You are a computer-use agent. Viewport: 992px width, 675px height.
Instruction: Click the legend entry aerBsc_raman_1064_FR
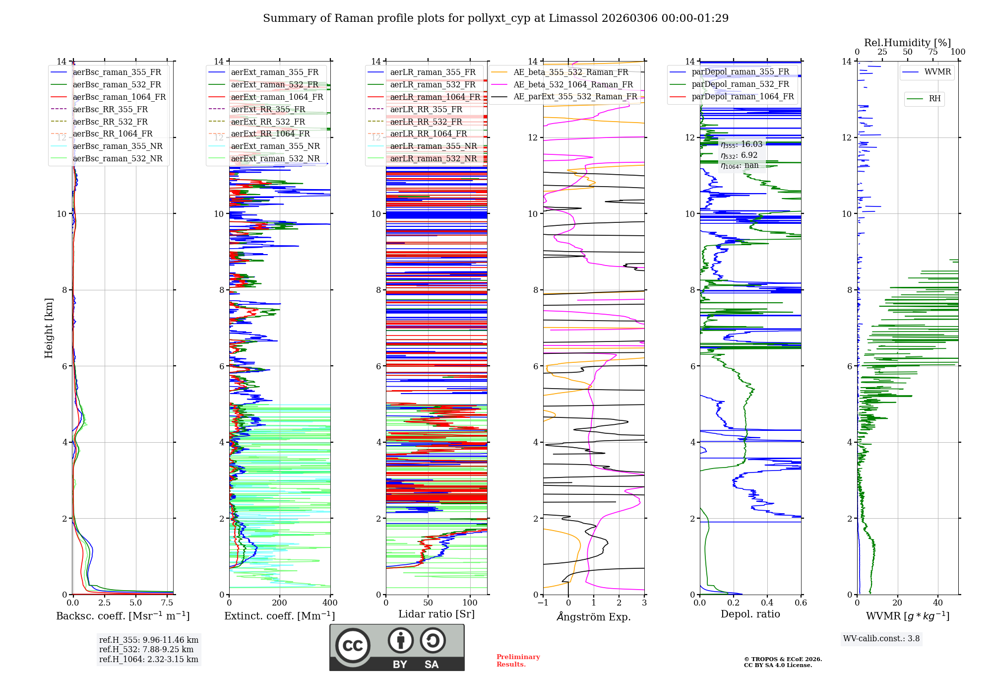(x=119, y=97)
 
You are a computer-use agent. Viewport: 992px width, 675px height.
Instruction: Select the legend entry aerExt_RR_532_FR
(x=268, y=122)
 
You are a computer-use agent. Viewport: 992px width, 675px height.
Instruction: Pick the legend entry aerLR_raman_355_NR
(x=433, y=146)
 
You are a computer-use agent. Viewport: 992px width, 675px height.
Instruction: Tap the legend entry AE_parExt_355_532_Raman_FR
(x=575, y=97)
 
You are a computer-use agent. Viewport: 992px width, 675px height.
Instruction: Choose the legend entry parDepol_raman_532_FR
(x=740, y=84)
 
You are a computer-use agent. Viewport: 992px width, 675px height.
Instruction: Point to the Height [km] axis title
(x=49, y=328)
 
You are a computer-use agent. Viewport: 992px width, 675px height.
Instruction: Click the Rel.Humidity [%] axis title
(x=907, y=43)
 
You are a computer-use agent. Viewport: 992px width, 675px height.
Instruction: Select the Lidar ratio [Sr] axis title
(x=436, y=614)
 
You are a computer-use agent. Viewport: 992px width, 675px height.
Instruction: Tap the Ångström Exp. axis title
(x=594, y=617)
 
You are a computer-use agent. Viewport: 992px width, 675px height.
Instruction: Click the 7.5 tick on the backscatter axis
(x=167, y=603)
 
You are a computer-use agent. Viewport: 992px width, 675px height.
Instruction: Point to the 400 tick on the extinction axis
(x=330, y=603)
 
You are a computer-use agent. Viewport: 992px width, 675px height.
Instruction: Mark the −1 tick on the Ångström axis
(x=543, y=603)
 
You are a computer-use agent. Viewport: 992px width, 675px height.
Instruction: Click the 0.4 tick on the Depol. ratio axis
(x=767, y=603)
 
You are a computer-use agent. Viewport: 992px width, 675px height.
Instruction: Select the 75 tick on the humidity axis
(x=933, y=52)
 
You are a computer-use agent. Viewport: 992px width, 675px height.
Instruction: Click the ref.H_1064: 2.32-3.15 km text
(x=148, y=660)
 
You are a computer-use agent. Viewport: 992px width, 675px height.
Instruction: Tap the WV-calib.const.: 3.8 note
(x=881, y=639)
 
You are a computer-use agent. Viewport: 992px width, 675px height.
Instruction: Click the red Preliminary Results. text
(x=518, y=661)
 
